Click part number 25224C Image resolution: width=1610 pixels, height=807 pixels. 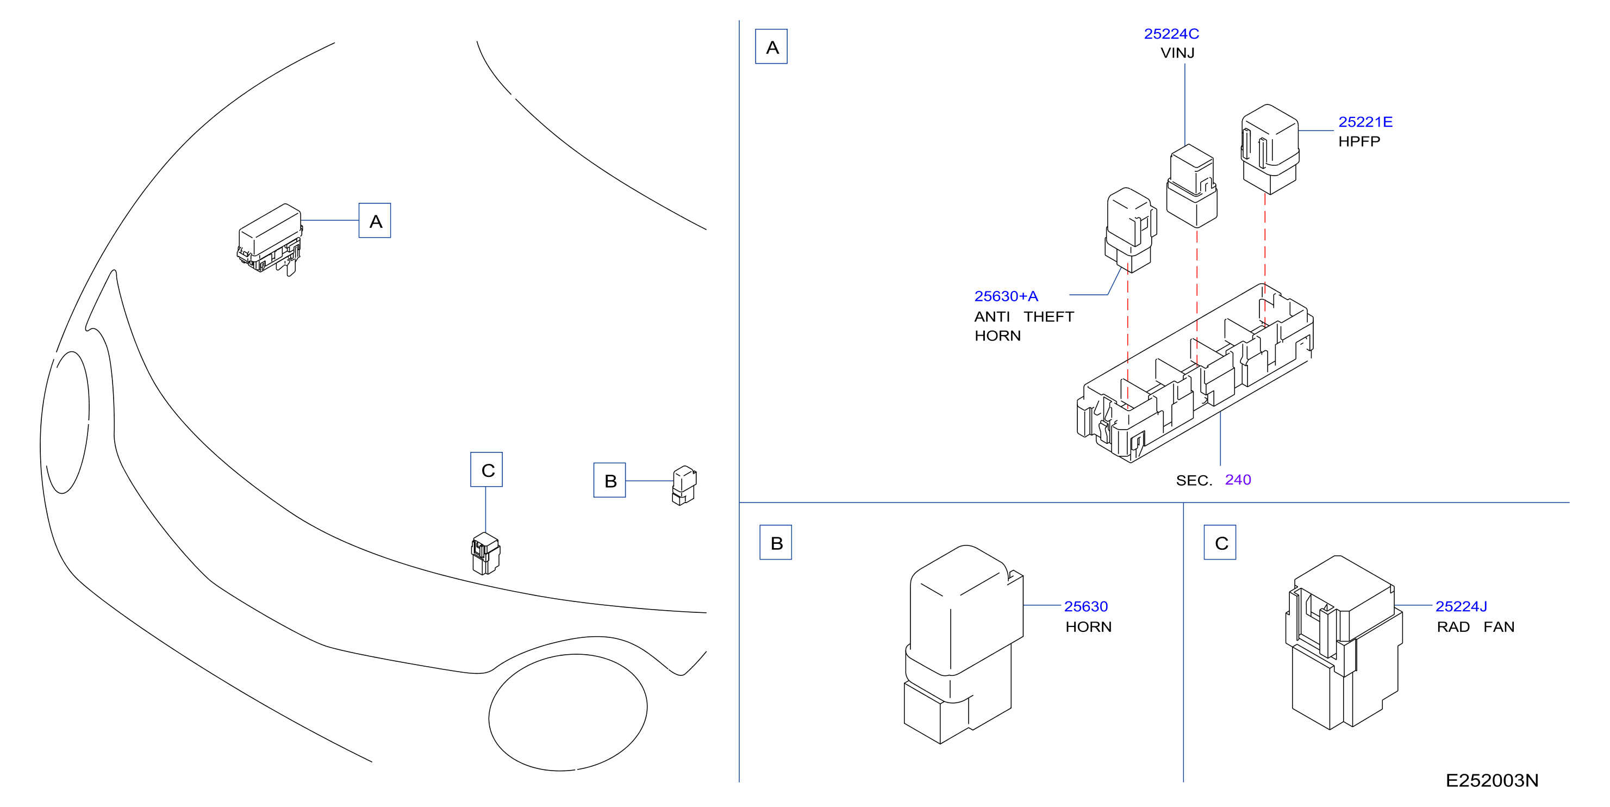pyautogui.click(x=1171, y=34)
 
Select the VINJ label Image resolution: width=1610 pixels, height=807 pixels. pyautogui.click(x=1177, y=53)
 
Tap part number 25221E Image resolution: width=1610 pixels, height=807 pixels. pyautogui.click(x=1365, y=122)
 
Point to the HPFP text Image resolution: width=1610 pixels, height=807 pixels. pyautogui.click(x=1359, y=141)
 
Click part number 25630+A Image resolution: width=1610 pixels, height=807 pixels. pyautogui.click(x=1006, y=296)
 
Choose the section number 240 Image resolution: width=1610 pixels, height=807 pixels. pyautogui.click(x=1238, y=480)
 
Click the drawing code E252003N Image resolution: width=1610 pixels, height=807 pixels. pyautogui.click(x=1492, y=780)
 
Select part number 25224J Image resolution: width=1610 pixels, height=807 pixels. pyautogui.click(x=1461, y=606)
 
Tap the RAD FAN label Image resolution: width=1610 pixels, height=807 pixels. pyautogui.click(x=1475, y=626)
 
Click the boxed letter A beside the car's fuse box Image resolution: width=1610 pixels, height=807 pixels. pyautogui.click(x=375, y=221)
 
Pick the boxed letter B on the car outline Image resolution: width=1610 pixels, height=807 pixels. pyautogui.click(x=609, y=480)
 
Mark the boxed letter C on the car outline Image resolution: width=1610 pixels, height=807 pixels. pyautogui.click(x=486, y=469)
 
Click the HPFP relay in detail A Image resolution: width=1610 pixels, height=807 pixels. pyautogui.click(x=1269, y=149)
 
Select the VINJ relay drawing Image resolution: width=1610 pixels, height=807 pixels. pyautogui.click(x=1191, y=185)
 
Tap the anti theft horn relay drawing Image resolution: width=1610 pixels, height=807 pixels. pyautogui.click(x=1131, y=230)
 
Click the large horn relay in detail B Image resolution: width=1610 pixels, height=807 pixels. pyautogui.click(x=963, y=644)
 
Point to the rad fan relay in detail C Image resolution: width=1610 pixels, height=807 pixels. pyautogui.click(x=1344, y=643)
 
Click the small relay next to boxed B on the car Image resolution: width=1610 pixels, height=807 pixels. pyautogui.click(x=684, y=485)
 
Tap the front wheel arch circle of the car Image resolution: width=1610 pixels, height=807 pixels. pyautogui.click(x=567, y=712)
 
